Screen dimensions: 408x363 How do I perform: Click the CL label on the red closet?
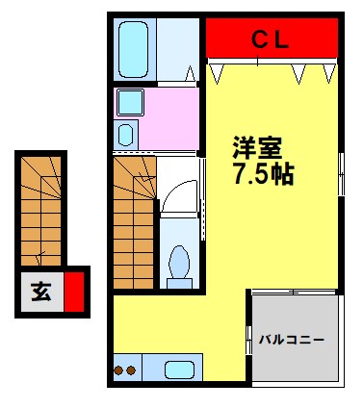tap(272, 38)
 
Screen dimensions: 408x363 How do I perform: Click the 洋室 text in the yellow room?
tap(256, 149)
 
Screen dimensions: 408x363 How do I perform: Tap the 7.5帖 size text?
tap(262, 176)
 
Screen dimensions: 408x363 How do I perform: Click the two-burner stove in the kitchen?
tap(126, 370)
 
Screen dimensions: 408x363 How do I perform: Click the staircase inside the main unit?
tap(133, 221)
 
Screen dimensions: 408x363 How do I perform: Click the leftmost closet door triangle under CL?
tap(218, 71)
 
